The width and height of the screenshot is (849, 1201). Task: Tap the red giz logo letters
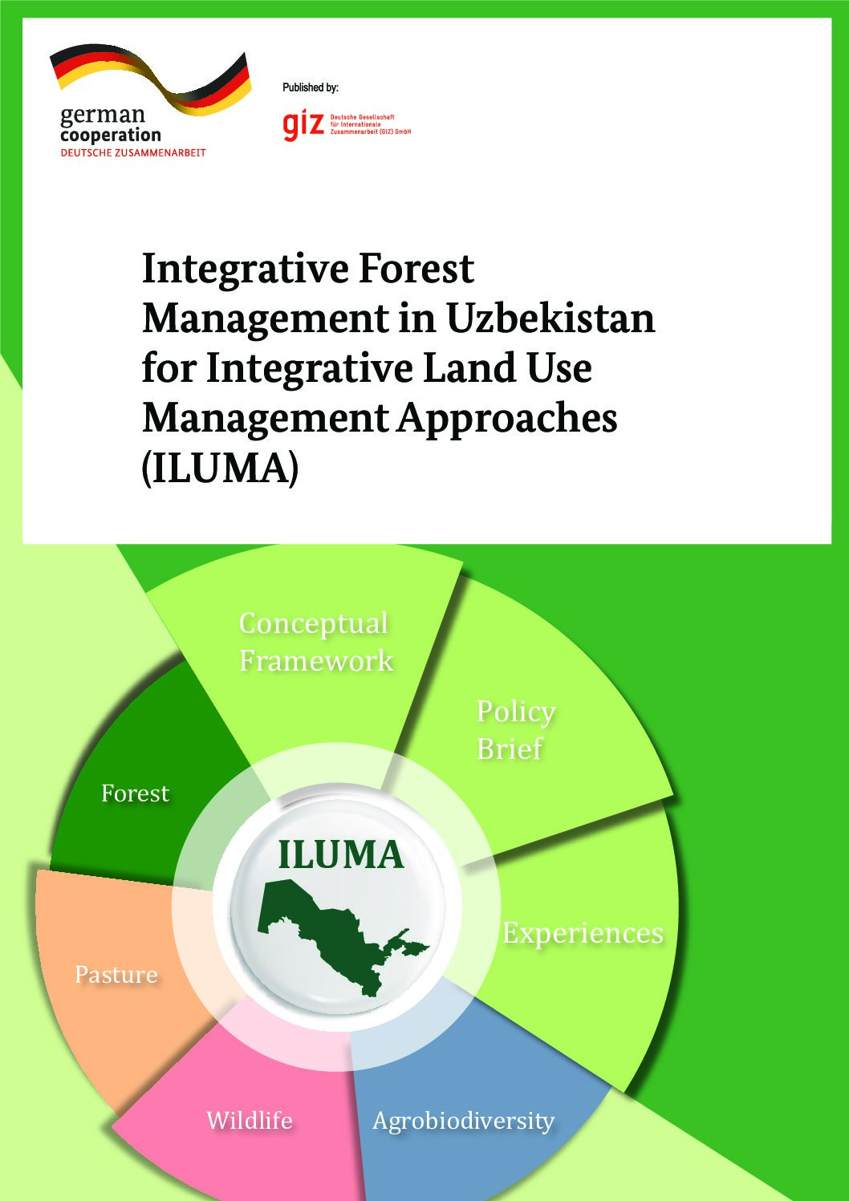[x=303, y=126]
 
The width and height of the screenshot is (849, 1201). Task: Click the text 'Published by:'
[x=311, y=87]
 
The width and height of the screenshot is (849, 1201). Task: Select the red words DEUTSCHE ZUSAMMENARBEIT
[x=133, y=152]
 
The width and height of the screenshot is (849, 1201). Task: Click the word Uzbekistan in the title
[x=550, y=319]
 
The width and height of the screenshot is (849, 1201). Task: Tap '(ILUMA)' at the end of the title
[x=220, y=469]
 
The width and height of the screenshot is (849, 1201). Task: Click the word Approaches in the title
[x=507, y=420]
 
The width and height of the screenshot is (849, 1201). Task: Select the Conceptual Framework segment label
[x=316, y=641]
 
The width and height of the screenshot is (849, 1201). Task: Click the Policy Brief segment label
[x=515, y=730]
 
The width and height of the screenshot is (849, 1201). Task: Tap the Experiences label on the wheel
[x=583, y=934]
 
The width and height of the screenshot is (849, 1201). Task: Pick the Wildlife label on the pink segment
[x=250, y=1121]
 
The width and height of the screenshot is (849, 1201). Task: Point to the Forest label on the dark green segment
[x=135, y=793]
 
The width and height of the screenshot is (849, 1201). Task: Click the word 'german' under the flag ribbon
[x=103, y=116]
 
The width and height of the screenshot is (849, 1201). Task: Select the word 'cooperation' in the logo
[x=111, y=135]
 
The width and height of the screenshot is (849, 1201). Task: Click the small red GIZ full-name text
[x=371, y=124]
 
